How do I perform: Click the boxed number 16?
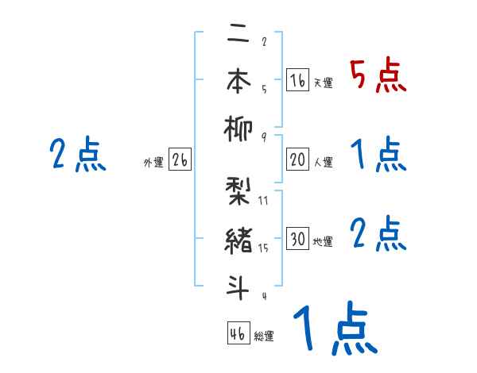[x=297, y=80]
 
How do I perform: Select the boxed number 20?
[x=297, y=160]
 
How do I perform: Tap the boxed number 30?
[x=297, y=239]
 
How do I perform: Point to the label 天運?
[x=323, y=83]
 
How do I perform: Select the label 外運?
[x=153, y=163]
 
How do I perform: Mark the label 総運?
[x=263, y=336]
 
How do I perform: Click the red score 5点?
[x=378, y=77]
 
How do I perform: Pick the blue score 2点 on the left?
[x=78, y=155]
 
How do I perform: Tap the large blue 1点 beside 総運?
[x=334, y=329]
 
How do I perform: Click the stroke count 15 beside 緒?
[x=264, y=248]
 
